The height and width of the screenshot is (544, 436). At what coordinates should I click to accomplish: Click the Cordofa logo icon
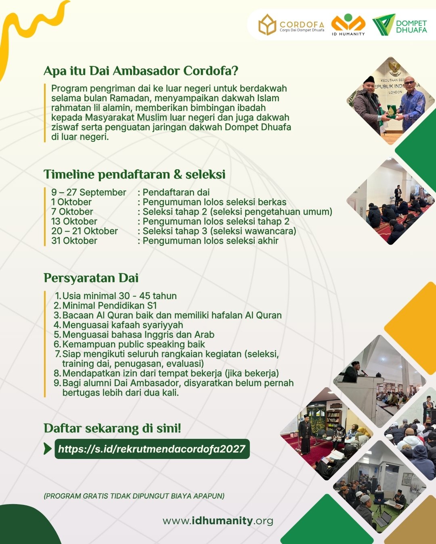point(267,25)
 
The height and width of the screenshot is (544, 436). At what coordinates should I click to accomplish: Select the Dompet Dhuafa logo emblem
point(384,25)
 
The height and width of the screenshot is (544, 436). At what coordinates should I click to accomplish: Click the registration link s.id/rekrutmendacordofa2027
point(152,449)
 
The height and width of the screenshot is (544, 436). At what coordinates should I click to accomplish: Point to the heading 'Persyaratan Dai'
point(91,278)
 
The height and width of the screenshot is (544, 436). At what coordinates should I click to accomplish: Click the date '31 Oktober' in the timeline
point(74,241)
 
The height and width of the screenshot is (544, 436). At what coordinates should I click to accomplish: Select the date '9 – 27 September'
point(89,192)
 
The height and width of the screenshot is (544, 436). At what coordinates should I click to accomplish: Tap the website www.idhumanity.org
point(218,521)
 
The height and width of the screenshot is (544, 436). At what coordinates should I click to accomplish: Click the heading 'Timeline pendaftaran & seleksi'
point(134,174)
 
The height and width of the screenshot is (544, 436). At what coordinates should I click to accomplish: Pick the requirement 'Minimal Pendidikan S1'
point(110,305)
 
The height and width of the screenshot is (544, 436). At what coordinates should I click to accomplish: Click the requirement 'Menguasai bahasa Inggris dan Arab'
point(138,335)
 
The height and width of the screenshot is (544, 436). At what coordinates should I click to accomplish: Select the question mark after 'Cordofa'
point(235,71)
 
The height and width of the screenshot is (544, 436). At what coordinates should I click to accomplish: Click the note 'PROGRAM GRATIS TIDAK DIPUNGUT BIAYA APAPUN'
point(134,496)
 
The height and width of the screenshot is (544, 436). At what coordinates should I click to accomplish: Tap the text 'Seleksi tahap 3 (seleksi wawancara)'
point(219,231)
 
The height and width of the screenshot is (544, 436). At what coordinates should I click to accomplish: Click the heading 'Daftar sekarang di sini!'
point(113,428)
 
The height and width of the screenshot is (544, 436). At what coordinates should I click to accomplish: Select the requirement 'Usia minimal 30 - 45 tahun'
point(119,296)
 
